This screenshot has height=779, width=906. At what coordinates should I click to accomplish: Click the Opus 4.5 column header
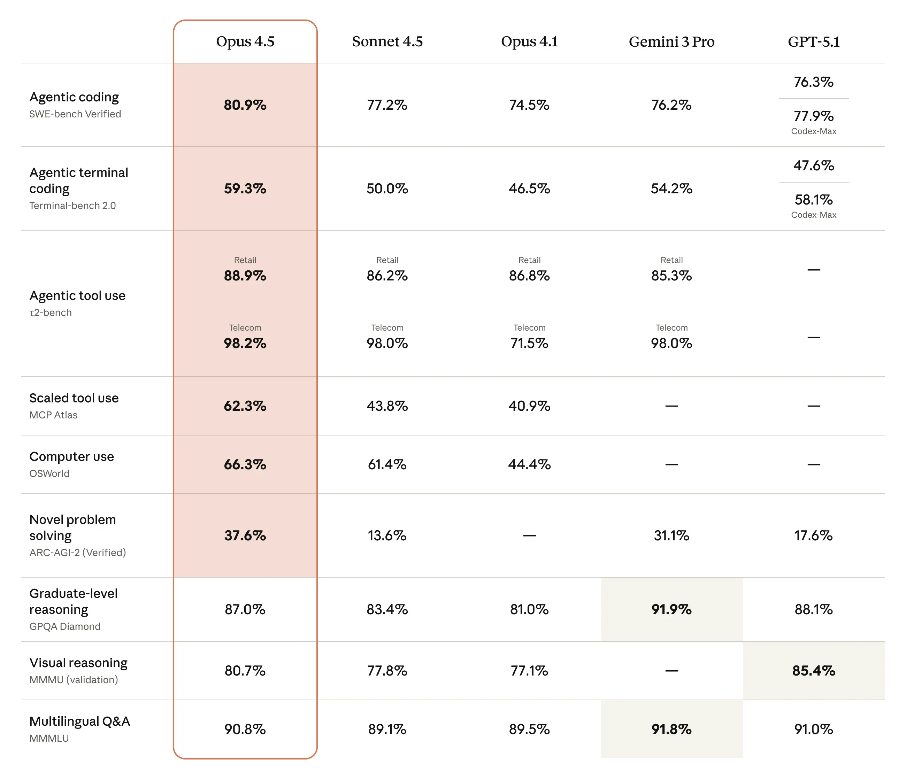(x=245, y=41)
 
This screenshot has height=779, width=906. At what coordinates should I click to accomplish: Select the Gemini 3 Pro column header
(x=671, y=41)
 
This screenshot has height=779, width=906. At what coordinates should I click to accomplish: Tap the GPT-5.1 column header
(x=813, y=41)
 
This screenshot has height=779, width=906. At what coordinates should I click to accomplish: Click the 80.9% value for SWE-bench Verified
(x=245, y=105)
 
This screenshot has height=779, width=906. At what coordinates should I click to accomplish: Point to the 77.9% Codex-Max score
(x=813, y=116)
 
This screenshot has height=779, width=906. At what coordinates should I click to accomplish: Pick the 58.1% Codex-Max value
(x=813, y=200)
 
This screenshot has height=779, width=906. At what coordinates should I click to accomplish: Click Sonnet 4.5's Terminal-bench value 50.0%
(x=387, y=188)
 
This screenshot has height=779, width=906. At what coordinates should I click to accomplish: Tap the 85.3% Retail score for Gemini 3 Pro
(x=671, y=276)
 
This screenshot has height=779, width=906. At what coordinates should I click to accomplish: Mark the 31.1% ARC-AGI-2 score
(x=671, y=535)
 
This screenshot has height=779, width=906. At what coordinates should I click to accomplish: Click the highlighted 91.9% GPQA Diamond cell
(x=671, y=609)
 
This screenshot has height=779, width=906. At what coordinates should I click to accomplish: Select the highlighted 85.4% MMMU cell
(x=813, y=671)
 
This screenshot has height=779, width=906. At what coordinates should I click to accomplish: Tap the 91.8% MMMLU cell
(x=671, y=729)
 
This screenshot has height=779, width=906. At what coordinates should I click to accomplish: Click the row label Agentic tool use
(x=77, y=296)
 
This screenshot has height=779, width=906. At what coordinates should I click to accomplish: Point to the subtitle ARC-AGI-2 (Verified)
(x=77, y=553)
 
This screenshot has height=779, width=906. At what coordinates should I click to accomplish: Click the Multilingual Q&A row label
(x=79, y=721)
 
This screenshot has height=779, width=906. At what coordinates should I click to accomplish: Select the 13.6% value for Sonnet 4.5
(x=387, y=535)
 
